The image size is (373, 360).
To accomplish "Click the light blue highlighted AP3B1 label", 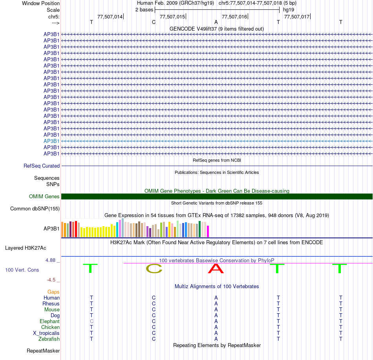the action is [51, 141].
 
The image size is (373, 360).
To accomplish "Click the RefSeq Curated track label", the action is [42, 166].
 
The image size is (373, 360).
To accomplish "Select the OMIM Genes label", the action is [44, 196].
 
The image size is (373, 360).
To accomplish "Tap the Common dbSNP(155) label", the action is [35, 208].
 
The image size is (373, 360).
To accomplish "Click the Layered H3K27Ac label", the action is [26, 248].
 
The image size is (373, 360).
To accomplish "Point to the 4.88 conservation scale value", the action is [50, 260].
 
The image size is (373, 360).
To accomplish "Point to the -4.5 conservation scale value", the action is [51, 280].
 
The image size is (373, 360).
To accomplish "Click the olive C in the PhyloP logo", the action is [154, 269].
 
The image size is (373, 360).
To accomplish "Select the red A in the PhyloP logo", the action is [216, 269].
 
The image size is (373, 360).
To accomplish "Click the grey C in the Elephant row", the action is [91, 321].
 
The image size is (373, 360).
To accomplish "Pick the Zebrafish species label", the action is [49, 339].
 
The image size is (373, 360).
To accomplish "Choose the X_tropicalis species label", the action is [46, 333].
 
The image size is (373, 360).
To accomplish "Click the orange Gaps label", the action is [53, 292].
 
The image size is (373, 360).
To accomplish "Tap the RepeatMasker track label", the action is [43, 351].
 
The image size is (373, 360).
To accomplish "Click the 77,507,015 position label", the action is [172, 16].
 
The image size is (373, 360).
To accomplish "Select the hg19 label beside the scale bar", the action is [289, 10].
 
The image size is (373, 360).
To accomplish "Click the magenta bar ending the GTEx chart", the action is [208, 231].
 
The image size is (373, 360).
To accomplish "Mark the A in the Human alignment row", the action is [216, 298].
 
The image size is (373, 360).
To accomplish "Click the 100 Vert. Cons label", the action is [22, 270].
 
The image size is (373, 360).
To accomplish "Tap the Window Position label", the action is [41, 3].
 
